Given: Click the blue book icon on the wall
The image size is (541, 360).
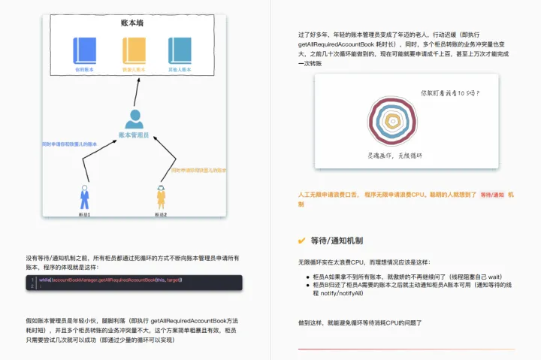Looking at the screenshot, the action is pyautogui.click(x=84, y=50).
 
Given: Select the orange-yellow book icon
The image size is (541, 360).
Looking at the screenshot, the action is pyautogui.click(x=134, y=50).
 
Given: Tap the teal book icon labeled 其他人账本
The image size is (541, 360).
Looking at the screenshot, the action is pyautogui.click(x=180, y=50).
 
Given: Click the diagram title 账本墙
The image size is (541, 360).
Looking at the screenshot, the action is pyautogui.click(x=133, y=23).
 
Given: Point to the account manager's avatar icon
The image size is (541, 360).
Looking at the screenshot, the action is pyautogui.click(x=134, y=119).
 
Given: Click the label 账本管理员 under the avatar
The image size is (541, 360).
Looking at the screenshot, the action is pyautogui.click(x=134, y=135).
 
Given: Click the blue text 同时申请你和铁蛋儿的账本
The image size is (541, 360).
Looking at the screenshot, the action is pyautogui.click(x=70, y=144).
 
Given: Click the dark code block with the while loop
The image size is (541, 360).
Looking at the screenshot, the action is pyautogui.click(x=133, y=282).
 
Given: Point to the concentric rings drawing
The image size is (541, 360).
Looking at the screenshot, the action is pyautogui.click(x=391, y=122).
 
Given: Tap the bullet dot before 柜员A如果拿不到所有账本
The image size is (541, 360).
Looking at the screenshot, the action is pyautogui.click(x=308, y=277).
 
